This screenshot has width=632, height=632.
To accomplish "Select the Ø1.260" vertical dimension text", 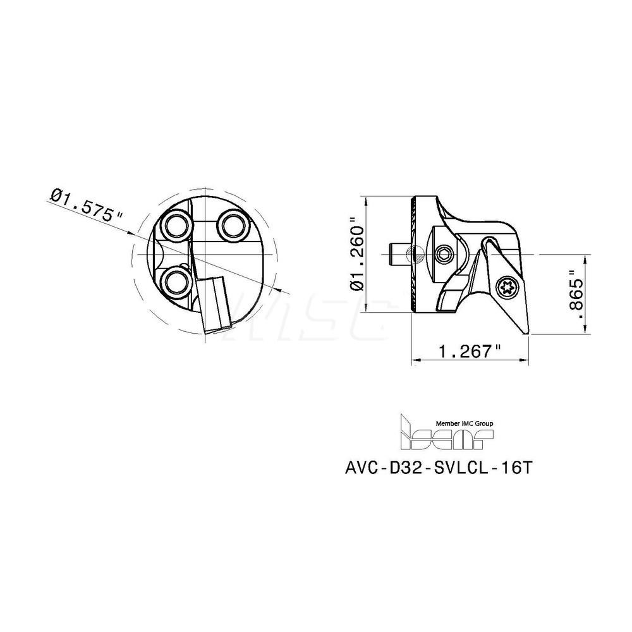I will click(358, 254).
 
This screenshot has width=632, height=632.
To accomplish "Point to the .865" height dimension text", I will click(574, 295).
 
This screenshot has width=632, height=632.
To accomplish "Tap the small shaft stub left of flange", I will click(398, 254).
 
